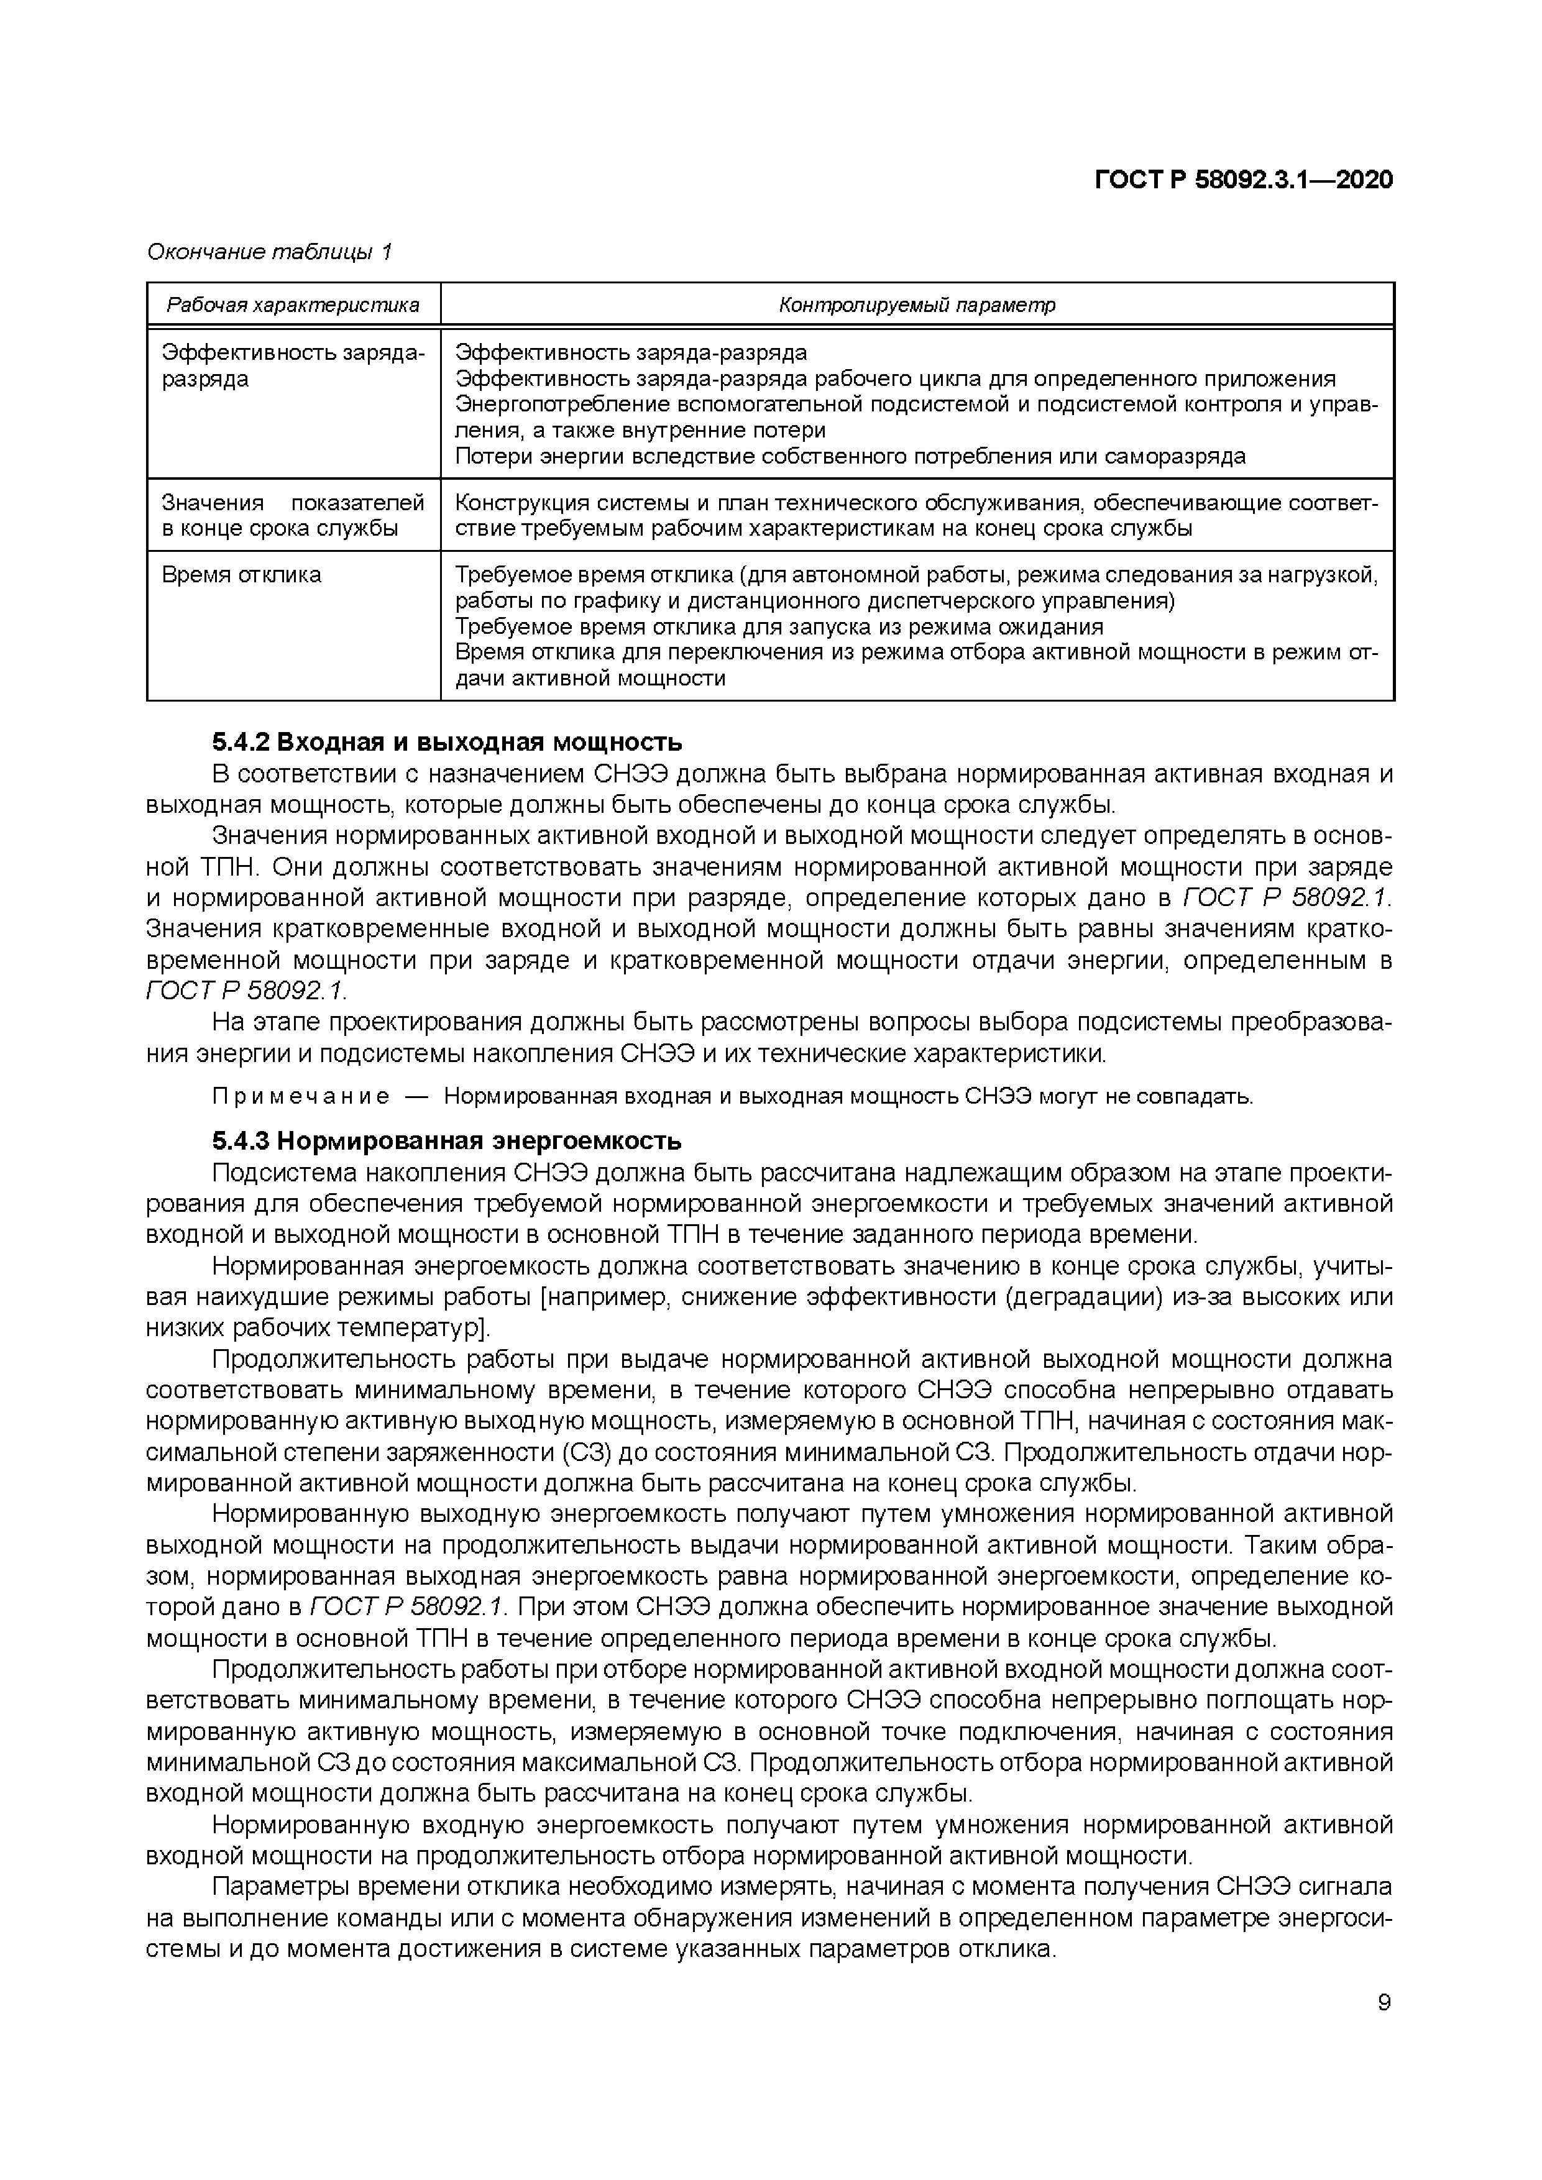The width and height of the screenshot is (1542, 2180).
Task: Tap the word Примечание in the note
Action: [x=300, y=1097]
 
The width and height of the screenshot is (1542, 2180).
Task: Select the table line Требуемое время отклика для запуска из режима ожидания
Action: [x=779, y=626]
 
